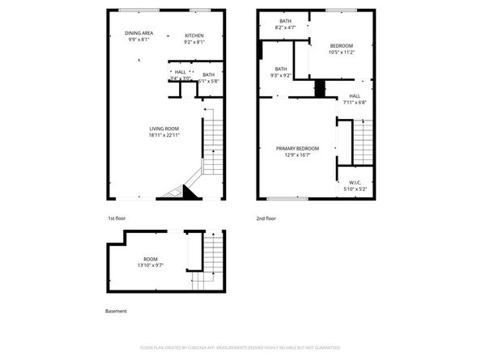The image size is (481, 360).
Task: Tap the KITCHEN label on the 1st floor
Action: pyautogui.click(x=194, y=36)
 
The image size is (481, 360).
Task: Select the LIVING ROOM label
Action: pyautogui.click(x=164, y=129)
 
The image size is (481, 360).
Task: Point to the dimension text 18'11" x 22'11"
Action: pyautogui.click(x=164, y=136)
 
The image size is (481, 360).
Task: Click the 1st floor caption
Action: pyautogui.click(x=117, y=218)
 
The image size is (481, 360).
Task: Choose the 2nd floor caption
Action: pyautogui.click(x=266, y=218)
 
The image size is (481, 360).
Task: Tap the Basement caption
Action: pyautogui.click(x=116, y=311)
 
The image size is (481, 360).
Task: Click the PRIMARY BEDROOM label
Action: pyautogui.click(x=297, y=149)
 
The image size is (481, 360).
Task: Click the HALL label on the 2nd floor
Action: pyautogui.click(x=355, y=96)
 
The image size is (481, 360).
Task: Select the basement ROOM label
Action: pyautogui.click(x=151, y=259)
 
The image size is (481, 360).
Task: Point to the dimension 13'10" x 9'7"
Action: pyautogui.click(x=151, y=265)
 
